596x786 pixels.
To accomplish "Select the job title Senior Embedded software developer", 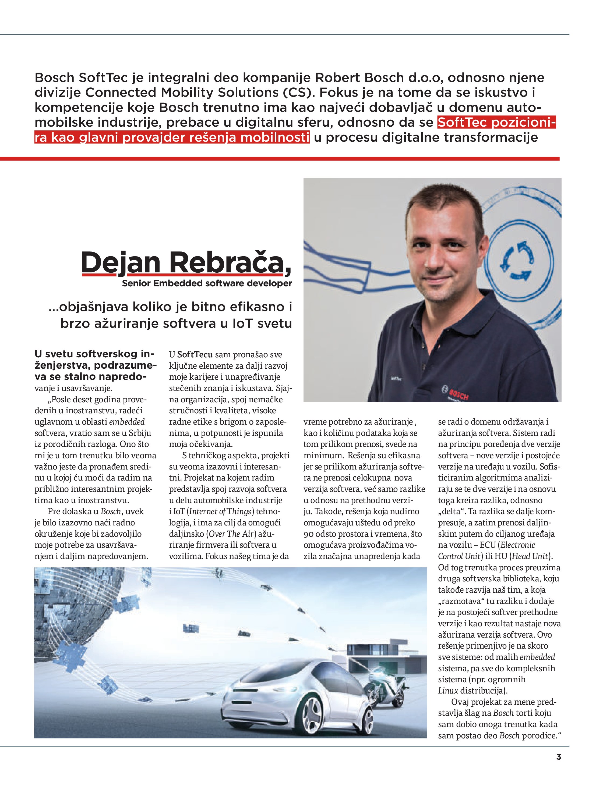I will click(x=207, y=283).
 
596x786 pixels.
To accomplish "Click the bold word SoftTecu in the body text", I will click(x=195, y=355).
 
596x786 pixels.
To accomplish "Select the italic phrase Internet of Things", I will click(x=220, y=511).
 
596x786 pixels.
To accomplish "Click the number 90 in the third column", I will click(x=309, y=534).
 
